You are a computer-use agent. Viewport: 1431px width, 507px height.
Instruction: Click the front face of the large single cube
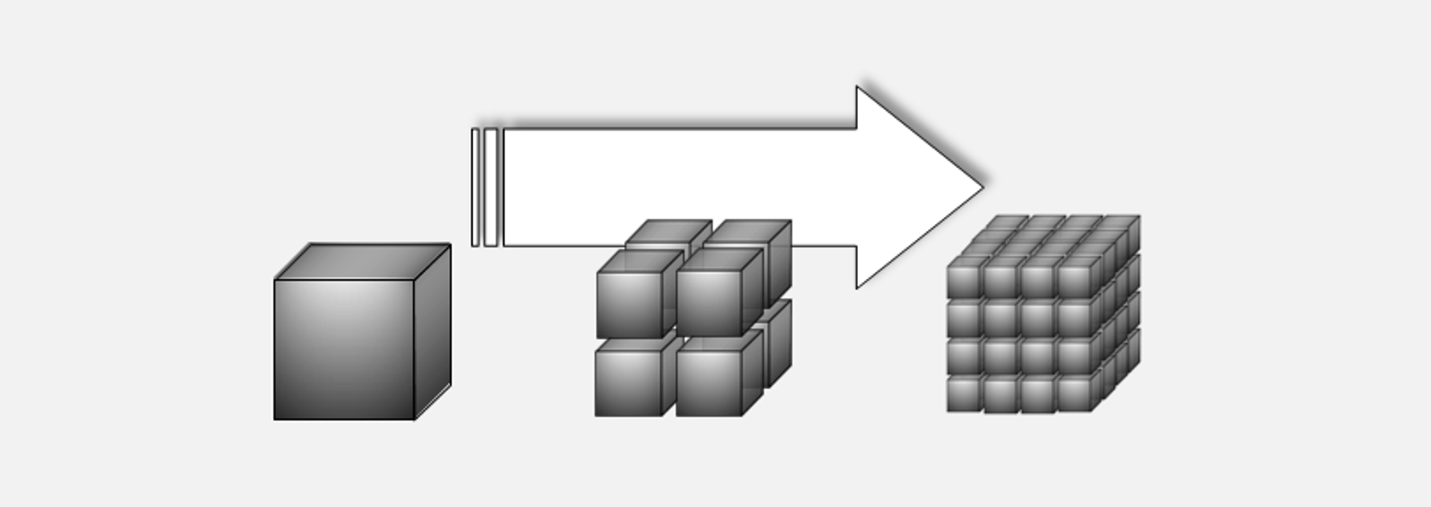click(344, 350)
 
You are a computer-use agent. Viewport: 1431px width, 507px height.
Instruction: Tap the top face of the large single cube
click(362, 262)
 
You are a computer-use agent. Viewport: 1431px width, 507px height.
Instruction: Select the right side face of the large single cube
click(433, 332)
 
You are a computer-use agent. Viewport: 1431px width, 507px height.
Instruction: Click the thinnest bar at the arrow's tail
click(475, 187)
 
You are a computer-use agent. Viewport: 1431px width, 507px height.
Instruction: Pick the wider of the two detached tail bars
click(491, 187)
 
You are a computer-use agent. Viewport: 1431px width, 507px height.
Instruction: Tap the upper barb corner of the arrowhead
click(857, 88)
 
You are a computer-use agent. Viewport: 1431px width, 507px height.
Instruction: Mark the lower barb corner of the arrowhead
click(857, 287)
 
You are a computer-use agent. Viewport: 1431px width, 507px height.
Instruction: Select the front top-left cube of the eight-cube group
click(629, 304)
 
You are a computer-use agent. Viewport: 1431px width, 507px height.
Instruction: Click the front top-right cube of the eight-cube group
click(709, 303)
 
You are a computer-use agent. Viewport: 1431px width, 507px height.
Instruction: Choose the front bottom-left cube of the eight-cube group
click(628, 383)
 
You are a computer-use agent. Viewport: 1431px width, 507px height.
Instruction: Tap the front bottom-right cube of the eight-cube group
click(708, 383)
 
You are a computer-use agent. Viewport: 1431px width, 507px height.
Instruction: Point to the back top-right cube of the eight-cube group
click(749, 235)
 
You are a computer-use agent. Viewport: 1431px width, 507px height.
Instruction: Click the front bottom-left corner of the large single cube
click(275, 419)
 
